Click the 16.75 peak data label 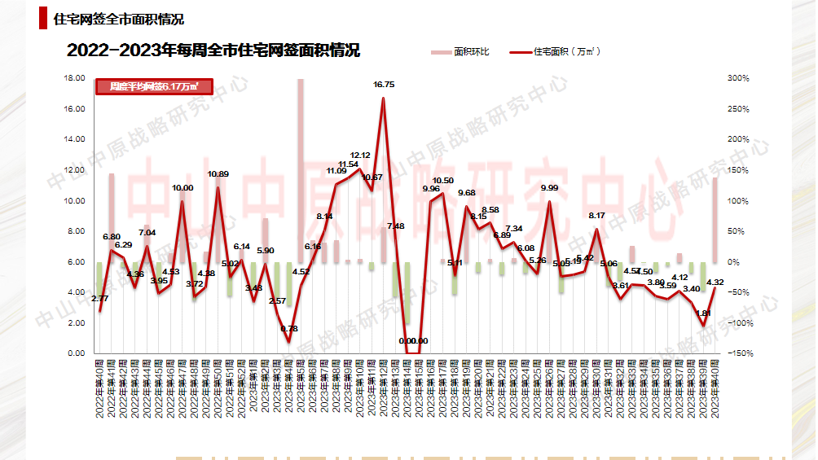384,85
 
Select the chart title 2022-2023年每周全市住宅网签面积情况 213,50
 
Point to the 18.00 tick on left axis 75,78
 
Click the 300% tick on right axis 738,78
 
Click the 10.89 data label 218,174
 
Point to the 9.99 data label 549,188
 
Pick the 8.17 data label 597,216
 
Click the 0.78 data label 288,329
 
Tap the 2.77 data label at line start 99,299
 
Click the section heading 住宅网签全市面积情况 118,19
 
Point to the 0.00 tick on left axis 77,353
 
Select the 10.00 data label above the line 183,188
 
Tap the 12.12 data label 360,155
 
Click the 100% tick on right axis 738,201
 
